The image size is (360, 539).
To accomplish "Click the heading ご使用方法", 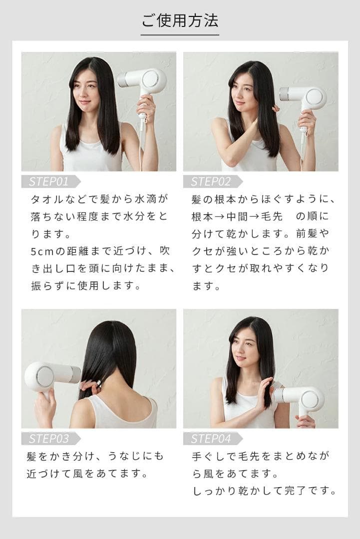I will (180, 21).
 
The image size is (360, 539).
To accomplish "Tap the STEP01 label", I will (48, 181).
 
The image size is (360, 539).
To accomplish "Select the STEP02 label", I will (210, 181).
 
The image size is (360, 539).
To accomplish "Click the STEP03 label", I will (48, 439).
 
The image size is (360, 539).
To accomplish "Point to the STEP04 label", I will (210, 439).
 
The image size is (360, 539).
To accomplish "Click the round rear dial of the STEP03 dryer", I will (45, 376).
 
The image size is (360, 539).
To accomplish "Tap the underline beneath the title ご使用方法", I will (180, 35).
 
